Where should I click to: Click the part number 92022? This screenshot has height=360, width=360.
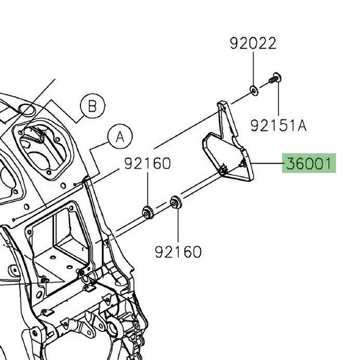pyautogui.click(x=253, y=44)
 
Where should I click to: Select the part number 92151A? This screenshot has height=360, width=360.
pyautogui.click(x=278, y=125)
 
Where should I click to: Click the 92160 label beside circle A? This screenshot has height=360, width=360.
pyautogui.click(x=148, y=163)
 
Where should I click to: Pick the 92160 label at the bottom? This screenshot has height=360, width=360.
pyautogui.click(x=178, y=251)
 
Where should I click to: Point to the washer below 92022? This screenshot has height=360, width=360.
pyautogui.click(x=254, y=91)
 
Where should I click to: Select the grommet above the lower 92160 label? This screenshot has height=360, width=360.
pyautogui.click(x=176, y=202)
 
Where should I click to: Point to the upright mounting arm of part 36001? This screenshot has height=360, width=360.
pyautogui.click(x=226, y=123)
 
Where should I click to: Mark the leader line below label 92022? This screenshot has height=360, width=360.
pyautogui.click(x=254, y=69)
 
